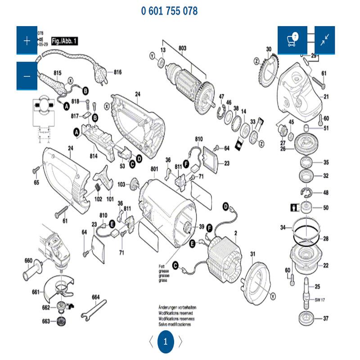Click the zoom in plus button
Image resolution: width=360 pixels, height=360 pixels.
(27, 40)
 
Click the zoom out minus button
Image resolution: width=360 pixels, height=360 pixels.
(27, 76)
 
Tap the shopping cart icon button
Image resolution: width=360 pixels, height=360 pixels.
(292, 40)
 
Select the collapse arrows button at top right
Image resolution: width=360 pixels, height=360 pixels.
(324, 40)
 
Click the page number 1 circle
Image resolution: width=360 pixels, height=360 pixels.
(165, 341)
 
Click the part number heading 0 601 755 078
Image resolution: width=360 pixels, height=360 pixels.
(169, 11)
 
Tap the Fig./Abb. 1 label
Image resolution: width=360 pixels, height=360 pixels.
(65, 41)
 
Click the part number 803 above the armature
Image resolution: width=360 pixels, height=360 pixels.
(182, 48)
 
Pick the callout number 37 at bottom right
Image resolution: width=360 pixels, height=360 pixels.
(325, 319)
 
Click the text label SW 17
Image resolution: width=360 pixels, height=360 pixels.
(320, 300)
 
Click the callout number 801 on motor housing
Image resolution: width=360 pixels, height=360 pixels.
(154, 169)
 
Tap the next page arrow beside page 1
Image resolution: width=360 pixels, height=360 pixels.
(181, 341)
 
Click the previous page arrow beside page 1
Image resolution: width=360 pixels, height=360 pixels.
(150, 341)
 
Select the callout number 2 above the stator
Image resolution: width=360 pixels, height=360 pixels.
(235, 232)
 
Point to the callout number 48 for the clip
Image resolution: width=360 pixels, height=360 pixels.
(325, 193)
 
